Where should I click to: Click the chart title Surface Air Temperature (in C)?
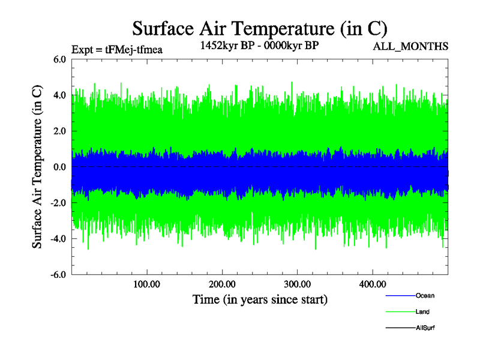click(259, 29)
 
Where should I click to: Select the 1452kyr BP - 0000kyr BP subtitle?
click(259, 45)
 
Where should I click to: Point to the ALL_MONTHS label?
click(411, 46)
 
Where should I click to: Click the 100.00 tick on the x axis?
click(146, 284)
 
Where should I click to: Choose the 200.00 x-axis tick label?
click(222, 284)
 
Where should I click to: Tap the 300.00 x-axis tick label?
click(297, 284)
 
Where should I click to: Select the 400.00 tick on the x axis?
click(372, 284)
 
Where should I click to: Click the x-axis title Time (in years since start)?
click(260, 299)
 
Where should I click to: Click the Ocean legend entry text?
click(425, 296)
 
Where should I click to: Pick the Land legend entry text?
click(423, 312)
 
